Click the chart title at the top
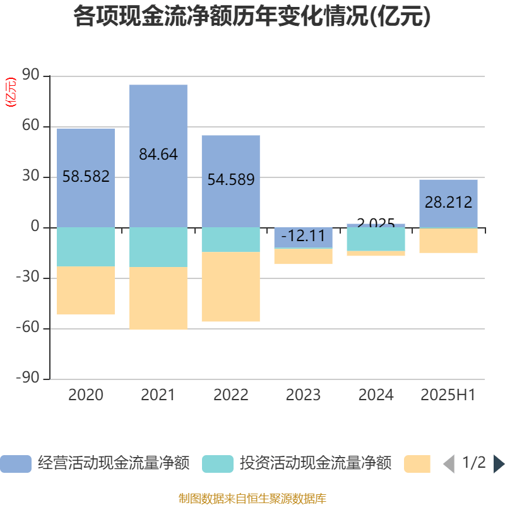click(252, 16)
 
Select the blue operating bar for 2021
click(158, 120)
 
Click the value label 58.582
click(86, 177)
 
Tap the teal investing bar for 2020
click(86, 247)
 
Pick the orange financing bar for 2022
click(230, 287)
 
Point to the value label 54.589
click(230, 180)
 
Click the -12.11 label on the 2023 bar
click(303, 237)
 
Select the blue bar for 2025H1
click(448, 189)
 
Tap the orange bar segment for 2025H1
click(448, 241)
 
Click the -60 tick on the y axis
click(28, 328)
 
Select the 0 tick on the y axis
click(35, 227)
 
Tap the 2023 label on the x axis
click(303, 395)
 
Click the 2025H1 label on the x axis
click(448, 395)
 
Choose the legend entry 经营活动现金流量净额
click(95, 464)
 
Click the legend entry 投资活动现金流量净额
click(297, 464)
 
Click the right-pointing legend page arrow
click(498, 464)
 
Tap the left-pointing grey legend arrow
click(449, 464)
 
